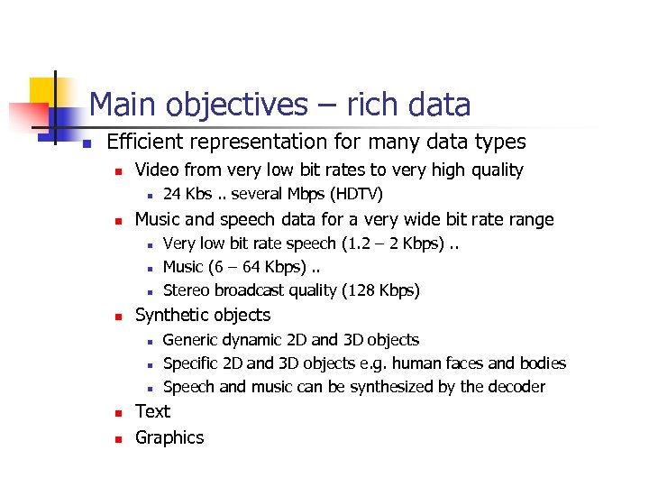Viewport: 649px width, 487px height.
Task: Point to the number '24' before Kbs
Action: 172,194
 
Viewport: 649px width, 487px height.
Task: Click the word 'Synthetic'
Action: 169,315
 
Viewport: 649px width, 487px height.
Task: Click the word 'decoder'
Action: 514,387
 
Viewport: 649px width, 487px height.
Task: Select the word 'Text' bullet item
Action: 152,411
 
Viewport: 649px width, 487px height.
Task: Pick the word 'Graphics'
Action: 169,437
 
